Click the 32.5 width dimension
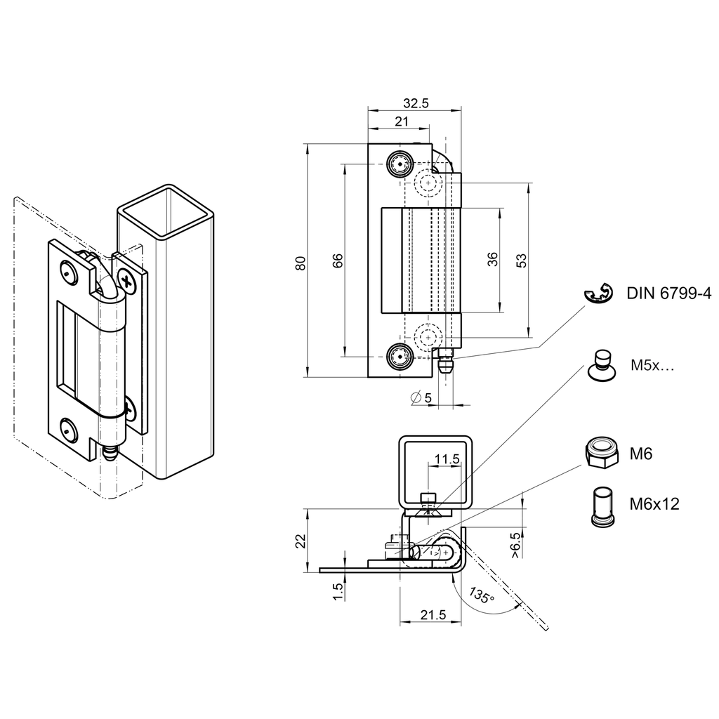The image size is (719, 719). tap(416, 103)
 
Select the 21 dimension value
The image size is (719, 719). tap(401, 121)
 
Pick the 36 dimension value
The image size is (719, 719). tap(492, 260)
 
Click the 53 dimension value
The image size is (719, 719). tap(522, 260)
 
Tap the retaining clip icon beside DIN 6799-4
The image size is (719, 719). tap(598, 294)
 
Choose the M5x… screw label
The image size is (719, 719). tap(652, 365)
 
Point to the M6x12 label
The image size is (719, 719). tap(654, 503)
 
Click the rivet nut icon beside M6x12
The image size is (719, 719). tap(598, 506)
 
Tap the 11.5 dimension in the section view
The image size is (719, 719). tap(447, 459)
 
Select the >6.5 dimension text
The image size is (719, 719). tap(516, 545)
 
